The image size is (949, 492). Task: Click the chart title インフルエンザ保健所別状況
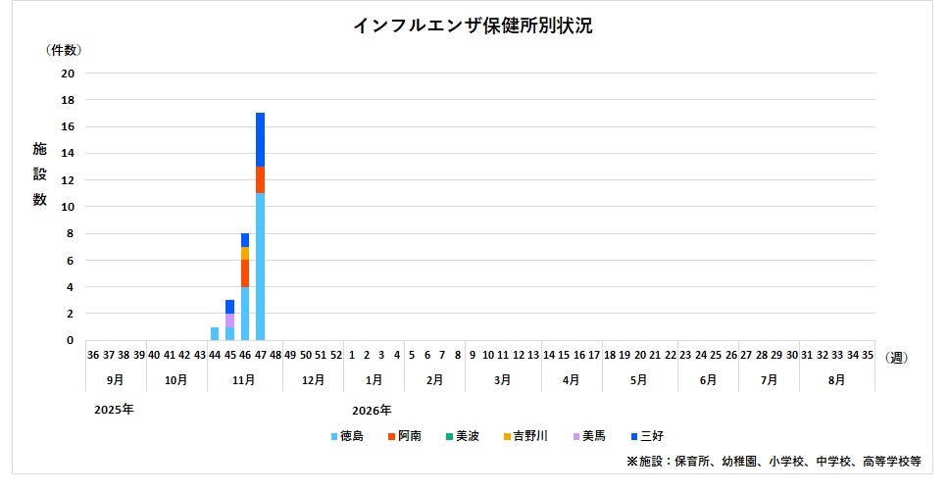pyautogui.click(x=473, y=26)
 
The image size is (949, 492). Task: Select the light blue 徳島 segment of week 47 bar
pyautogui.click(x=260, y=267)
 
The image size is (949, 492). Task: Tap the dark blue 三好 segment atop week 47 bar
pyautogui.click(x=260, y=139)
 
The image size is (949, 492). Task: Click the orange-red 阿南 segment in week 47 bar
pyautogui.click(x=260, y=179)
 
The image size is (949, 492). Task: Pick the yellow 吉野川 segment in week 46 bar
pyautogui.click(x=245, y=253)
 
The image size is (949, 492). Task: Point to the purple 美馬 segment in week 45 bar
pyautogui.click(x=229, y=320)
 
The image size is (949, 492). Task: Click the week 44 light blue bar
pyautogui.click(x=215, y=334)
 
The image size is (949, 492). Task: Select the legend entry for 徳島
pyautogui.click(x=347, y=436)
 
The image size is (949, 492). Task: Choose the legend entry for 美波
pyautogui.click(x=462, y=436)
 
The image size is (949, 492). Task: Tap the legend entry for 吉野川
pyautogui.click(x=525, y=436)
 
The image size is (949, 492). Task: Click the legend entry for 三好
pyautogui.click(x=647, y=436)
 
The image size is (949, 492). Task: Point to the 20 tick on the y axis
pyautogui.click(x=68, y=74)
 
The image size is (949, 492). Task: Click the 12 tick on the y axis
pyautogui.click(x=68, y=180)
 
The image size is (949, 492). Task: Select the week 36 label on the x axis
pyautogui.click(x=93, y=356)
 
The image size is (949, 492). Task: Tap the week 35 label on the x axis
pyautogui.click(x=868, y=356)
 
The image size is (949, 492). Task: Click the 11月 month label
pyautogui.click(x=245, y=378)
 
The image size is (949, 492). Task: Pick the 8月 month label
pyautogui.click(x=837, y=378)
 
